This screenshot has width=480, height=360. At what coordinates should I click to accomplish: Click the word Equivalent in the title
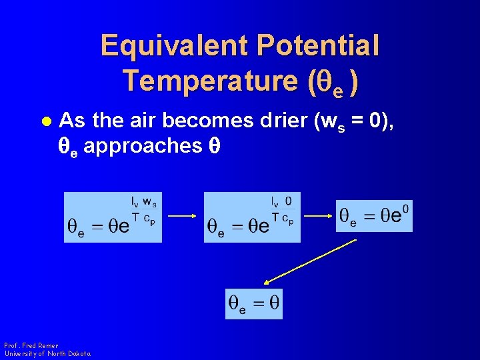coord(173,46)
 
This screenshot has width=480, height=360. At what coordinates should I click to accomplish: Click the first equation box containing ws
coord(113,217)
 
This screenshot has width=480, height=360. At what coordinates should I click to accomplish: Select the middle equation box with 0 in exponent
coord(252,217)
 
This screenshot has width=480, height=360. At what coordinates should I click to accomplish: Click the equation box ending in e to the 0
coord(374,215)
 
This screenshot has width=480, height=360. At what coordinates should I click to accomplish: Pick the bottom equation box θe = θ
coord(254,304)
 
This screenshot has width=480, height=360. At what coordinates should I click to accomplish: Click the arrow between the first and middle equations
coord(181,215)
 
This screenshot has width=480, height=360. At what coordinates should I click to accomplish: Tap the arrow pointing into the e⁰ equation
coord(318,215)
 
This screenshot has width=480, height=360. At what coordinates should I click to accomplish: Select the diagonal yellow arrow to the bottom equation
coord(311,262)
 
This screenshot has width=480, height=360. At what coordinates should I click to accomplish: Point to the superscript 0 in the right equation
coord(405,208)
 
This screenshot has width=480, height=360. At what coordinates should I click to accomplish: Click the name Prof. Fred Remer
coord(31,345)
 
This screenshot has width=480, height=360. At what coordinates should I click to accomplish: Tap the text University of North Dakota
coord(47,353)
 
